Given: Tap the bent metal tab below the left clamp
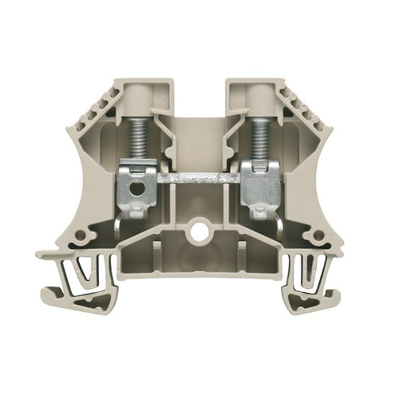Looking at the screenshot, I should click(x=120, y=225).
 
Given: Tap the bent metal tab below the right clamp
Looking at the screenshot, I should click(x=279, y=225).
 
